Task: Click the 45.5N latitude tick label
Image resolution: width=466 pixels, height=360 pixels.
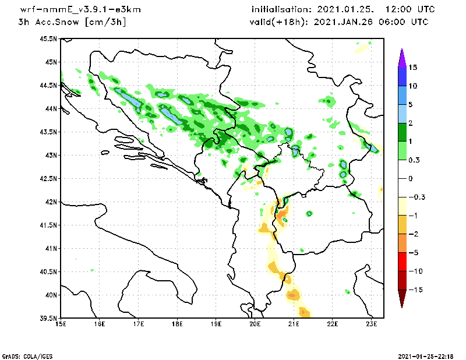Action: pos(49,39)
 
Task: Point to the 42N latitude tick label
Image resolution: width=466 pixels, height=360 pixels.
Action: pos(51,202)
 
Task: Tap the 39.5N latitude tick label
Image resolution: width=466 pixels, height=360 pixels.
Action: pos(49,319)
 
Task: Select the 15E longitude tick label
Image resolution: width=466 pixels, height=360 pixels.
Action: pos(60,324)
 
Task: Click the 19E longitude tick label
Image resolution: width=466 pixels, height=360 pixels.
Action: pos(216,324)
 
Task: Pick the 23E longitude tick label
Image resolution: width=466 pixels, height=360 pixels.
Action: pos(372,324)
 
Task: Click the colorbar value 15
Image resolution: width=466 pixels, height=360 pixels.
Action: pos(413,67)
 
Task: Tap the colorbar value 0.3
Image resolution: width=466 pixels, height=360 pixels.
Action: pos(415,160)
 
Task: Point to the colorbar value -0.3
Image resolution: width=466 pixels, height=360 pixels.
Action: pos(416,197)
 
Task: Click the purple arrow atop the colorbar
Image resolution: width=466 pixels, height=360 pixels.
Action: pos(401,57)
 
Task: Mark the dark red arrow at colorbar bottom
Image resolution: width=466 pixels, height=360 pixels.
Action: pos(401,299)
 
